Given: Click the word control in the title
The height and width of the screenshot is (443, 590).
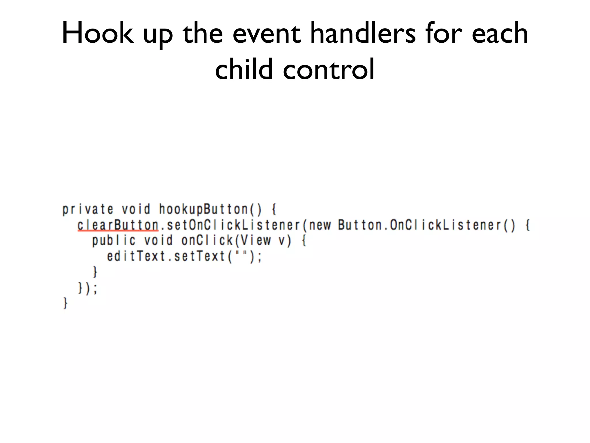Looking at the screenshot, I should (329, 69).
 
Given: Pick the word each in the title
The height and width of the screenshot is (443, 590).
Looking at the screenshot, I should (500, 34).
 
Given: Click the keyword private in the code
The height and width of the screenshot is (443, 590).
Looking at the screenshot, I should (88, 209).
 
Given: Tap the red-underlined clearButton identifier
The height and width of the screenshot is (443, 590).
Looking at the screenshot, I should (118, 225).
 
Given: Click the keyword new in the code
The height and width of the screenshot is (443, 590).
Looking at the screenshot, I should (320, 225).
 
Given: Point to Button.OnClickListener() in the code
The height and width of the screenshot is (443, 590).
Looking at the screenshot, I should (426, 225).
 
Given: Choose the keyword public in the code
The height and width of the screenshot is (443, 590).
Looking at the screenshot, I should (114, 241).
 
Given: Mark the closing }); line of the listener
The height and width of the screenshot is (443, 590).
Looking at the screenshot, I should (88, 288).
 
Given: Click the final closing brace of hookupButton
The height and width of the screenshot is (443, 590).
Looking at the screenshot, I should (65, 303).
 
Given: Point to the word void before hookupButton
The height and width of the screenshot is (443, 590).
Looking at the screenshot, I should (136, 209).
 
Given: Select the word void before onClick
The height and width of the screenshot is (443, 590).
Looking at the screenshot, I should (158, 241).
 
